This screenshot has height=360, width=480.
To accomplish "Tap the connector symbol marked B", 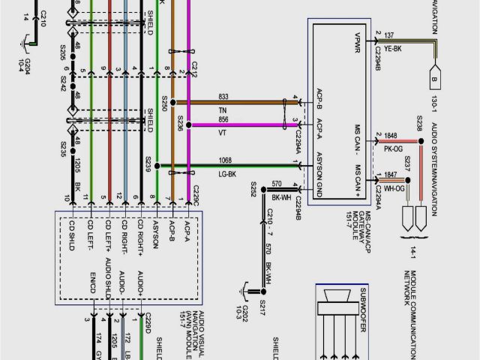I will coord(433,76).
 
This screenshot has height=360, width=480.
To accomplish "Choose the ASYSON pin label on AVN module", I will coord(155,235).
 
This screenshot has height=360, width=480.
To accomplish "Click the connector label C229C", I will coord(196,197).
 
